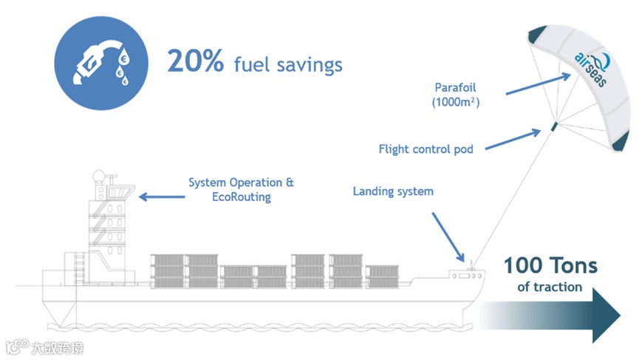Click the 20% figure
[195, 61]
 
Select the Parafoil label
[456, 87]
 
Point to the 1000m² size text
[456, 103]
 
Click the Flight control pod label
[426, 149]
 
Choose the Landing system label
[393, 191]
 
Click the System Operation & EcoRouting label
[242, 189]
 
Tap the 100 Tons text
[550, 265]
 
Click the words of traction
[550, 287]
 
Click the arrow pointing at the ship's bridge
[163, 197]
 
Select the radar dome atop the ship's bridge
[99, 177]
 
